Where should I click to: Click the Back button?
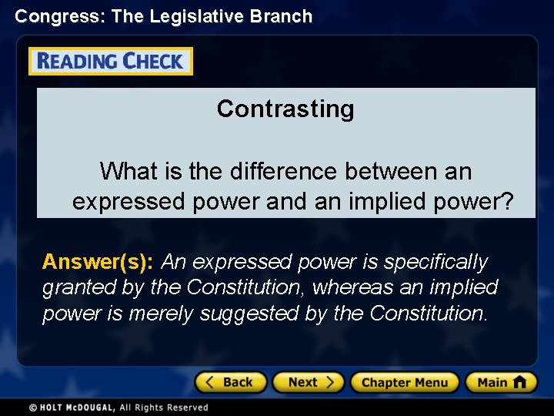coord(230,382)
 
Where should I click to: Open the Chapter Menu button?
coord(404,382)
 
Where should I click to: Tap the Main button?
coord(501,382)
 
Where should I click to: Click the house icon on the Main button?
coord(519,382)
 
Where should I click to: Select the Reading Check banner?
coord(111,62)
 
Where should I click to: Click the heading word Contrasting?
coord(285,109)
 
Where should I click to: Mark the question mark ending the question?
coord(506,202)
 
